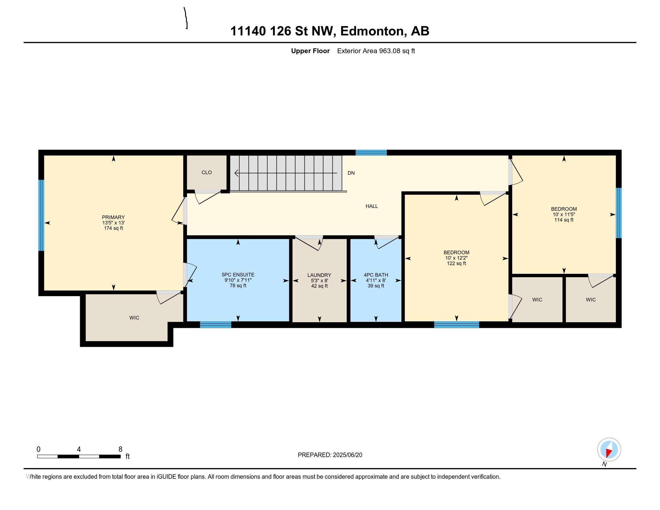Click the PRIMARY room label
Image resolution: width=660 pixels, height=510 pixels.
click(113, 217)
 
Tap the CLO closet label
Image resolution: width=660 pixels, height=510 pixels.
click(207, 172)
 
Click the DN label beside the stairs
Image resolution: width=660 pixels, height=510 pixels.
click(351, 173)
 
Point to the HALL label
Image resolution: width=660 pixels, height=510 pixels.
click(372, 206)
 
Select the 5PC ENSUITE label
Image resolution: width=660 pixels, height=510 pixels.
click(238, 274)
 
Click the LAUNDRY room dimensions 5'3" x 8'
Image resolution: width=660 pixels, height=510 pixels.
click(319, 280)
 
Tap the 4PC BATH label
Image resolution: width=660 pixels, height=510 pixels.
click(376, 275)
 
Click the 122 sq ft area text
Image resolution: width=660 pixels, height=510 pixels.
click(456, 263)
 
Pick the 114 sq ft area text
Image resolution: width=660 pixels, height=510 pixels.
click(564, 220)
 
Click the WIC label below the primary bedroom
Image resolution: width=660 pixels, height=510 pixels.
click(134, 317)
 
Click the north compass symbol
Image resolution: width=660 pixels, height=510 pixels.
click(609, 450)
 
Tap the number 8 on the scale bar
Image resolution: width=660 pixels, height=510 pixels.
click(120, 449)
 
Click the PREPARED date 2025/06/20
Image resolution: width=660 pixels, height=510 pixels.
click(347, 455)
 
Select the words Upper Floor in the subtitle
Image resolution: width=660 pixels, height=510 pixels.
click(310, 51)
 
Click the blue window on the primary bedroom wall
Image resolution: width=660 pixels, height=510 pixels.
click(41, 215)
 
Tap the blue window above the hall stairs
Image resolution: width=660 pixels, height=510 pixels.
click(371, 153)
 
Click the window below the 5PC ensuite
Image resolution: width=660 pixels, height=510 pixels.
click(215, 325)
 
